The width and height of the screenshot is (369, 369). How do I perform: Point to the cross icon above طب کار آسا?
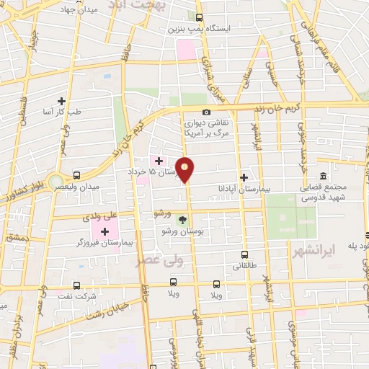61,101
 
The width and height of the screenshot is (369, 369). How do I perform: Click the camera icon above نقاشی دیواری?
207,112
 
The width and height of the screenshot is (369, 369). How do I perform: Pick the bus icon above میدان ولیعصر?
76,175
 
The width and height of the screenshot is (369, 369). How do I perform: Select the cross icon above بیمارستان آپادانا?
244,177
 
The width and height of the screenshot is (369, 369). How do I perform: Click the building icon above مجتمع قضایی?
322,176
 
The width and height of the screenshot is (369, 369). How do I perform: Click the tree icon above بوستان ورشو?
184,220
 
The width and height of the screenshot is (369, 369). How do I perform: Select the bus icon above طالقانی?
245,254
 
